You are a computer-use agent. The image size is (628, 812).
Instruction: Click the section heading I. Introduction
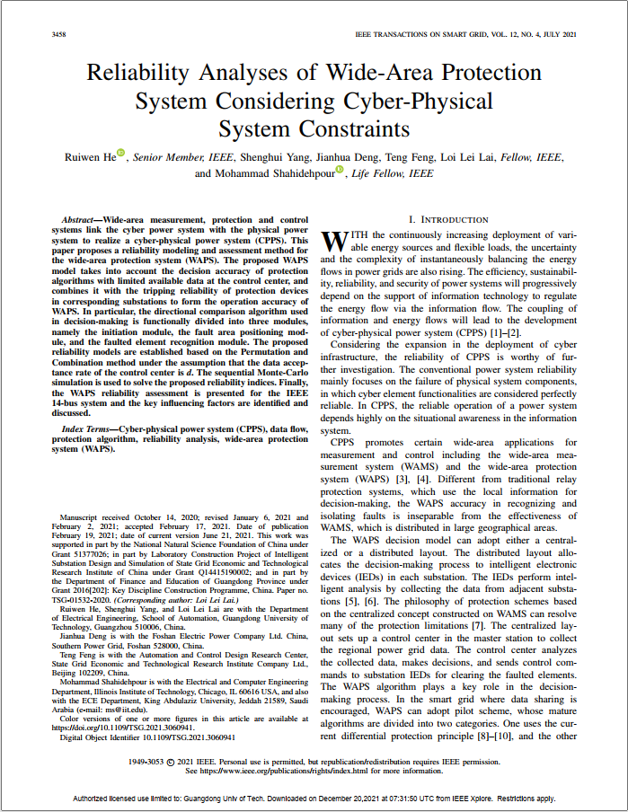[448, 219]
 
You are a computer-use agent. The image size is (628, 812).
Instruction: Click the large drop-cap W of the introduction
[333, 241]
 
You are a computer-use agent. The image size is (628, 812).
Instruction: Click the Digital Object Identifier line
[147, 737]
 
